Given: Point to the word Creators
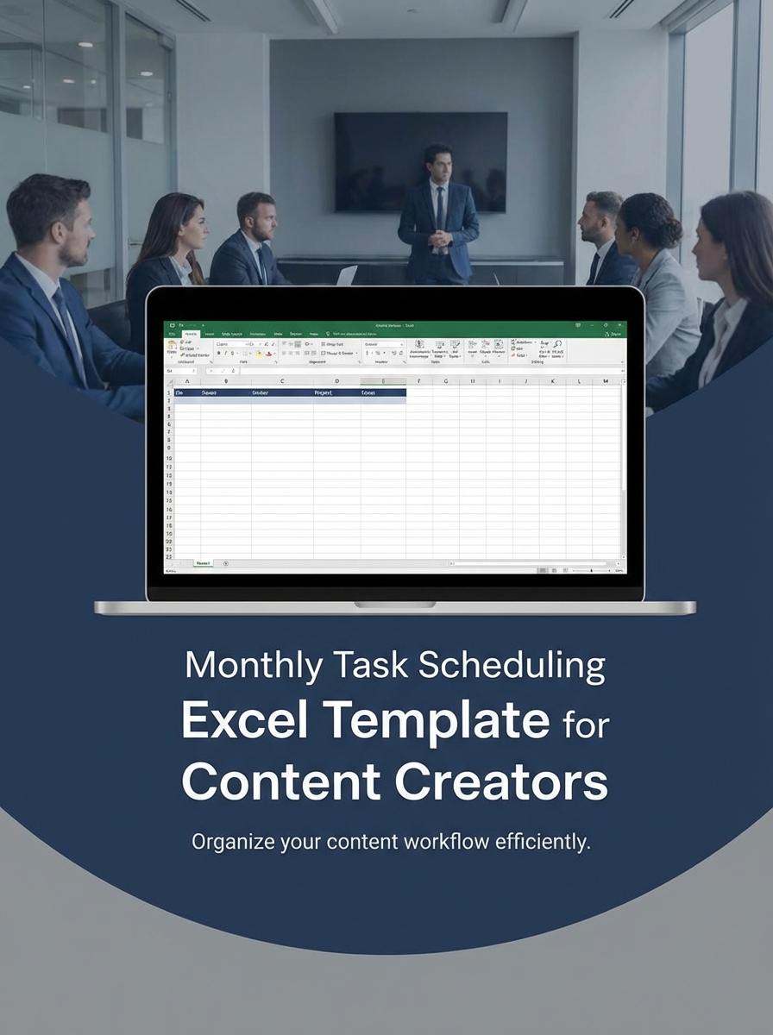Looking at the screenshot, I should click(501, 781).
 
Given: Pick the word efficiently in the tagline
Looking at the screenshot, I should click(543, 842).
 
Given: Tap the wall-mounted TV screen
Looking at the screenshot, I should click(420, 161).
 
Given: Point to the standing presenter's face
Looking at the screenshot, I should click(438, 164).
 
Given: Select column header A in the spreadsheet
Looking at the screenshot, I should click(187, 380).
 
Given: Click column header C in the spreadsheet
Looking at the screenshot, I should click(282, 380).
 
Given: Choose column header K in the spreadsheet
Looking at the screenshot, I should click(552, 380).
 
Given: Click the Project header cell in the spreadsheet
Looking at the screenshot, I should click(324, 392).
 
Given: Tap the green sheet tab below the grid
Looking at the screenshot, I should click(203, 563).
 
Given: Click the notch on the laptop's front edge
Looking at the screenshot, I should click(394, 605).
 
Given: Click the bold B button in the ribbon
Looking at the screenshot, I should click(219, 354).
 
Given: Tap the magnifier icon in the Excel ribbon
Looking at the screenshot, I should click(557, 343).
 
